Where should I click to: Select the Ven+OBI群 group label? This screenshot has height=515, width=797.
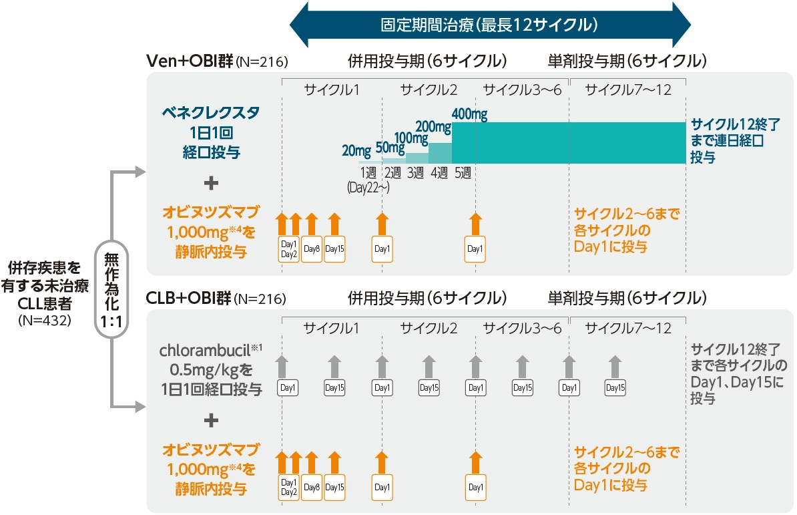coord(190,62)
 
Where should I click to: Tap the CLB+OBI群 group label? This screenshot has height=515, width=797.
coord(190,297)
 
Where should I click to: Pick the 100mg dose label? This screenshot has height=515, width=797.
coord(412,138)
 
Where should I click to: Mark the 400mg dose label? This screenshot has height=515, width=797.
coord(469,114)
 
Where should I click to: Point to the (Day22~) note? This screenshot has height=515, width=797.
coord(368,188)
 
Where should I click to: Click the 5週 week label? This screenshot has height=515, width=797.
coord(463,173)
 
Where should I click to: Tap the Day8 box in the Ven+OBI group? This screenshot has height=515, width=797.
coord(312,249)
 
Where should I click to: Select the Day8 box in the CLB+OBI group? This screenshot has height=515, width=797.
coord(312,487)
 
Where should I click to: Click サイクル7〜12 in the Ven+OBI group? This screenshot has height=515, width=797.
coord(627,90)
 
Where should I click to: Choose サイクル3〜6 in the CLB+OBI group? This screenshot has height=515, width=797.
coord(523,328)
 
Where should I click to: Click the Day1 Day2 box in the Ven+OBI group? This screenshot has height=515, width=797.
coord(288,249)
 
